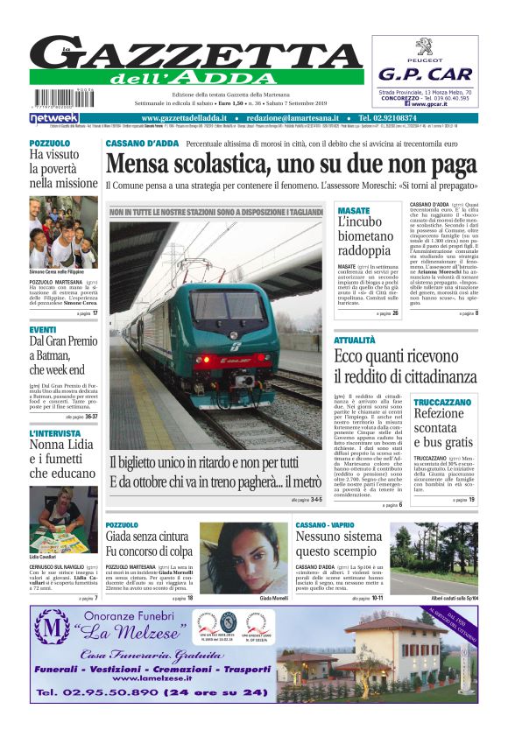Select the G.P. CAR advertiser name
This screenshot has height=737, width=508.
point(425,74)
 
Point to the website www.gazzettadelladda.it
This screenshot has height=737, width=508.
point(185,118)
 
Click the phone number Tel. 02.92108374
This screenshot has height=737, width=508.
point(388,118)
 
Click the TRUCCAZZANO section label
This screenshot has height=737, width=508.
point(441,403)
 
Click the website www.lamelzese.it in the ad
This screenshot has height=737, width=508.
point(162,678)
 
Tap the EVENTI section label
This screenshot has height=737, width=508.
point(43,330)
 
